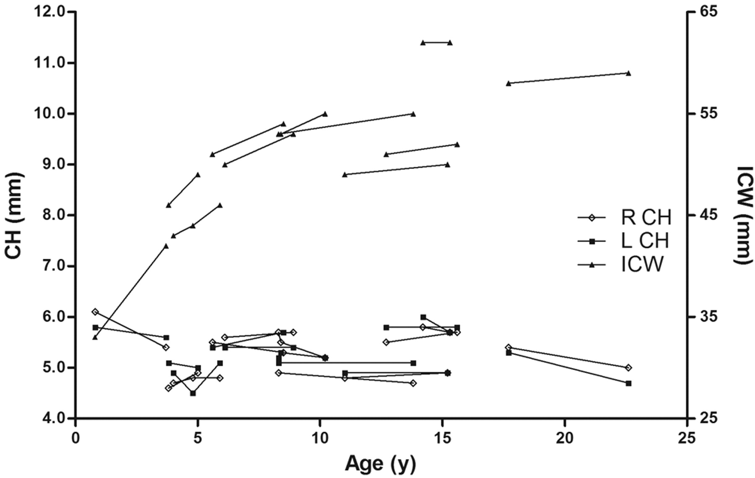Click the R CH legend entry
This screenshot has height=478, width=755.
point(625,218)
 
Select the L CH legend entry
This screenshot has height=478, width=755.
point(625,241)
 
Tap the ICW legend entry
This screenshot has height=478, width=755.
point(625,265)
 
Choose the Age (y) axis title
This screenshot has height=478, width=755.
point(381,464)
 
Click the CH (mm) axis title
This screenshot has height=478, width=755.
point(14,215)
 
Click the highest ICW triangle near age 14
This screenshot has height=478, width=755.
point(423,42)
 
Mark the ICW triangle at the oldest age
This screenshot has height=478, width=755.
point(628,73)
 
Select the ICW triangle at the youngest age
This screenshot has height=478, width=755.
point(95,337)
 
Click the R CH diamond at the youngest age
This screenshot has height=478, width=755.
point(95,312)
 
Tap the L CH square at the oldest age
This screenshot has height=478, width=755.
point(628,383)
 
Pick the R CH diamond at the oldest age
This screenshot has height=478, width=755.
point(628,368)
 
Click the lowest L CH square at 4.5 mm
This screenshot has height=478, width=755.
point(193,393)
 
